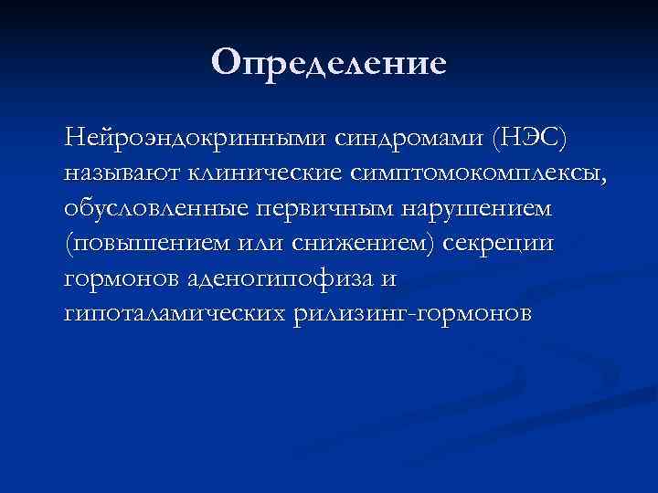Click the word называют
(x=116, y=173)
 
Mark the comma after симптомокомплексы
(x=602, y=179)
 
